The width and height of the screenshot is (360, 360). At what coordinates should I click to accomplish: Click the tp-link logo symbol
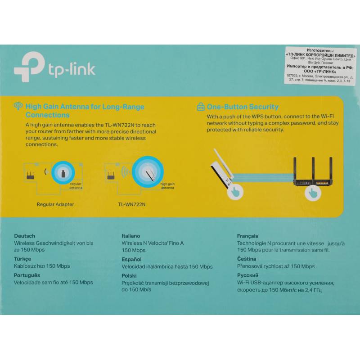[30, 67]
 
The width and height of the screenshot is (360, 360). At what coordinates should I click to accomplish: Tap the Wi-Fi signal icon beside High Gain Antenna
[18, 106]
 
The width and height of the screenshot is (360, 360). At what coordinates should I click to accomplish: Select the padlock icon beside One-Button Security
[201, 107]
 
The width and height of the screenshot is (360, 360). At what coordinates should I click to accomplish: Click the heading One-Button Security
[243, 107]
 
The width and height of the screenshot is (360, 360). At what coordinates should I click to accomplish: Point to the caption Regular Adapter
[55, 204]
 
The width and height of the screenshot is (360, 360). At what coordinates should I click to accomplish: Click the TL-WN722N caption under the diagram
[131, 204]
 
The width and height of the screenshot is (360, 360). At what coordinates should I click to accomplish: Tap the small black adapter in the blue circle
[63, 173]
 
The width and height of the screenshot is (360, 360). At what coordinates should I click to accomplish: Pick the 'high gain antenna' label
[167, 186]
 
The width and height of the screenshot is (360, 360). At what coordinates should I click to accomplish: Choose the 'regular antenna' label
[76, 186]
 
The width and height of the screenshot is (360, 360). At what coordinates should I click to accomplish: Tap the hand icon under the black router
[312, 193]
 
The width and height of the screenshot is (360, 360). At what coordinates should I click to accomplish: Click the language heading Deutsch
[25, 236]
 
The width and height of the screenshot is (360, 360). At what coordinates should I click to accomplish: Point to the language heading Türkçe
[22, 259]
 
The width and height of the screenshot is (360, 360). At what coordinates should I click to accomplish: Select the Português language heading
[27, 275]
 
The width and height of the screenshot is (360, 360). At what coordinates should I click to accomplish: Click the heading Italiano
[130, 236]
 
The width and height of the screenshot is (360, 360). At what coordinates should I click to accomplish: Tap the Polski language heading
[129, 275]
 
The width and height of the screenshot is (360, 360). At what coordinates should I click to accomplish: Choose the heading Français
[247, 236]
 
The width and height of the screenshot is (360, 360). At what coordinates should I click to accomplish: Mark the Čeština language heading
[247, 259]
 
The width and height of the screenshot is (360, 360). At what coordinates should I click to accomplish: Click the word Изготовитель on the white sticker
[320, 50]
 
